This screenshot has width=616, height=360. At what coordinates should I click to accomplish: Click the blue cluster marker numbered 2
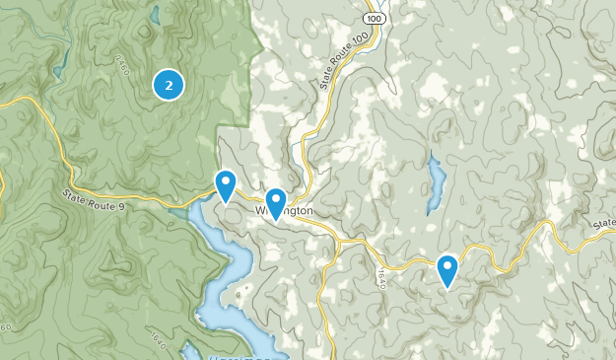[170, 86]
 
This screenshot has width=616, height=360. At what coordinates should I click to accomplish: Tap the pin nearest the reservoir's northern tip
[226, 183]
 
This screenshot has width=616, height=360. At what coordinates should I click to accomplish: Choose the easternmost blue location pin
[447, 268]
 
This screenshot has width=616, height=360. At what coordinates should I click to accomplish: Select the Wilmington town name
[286, 211]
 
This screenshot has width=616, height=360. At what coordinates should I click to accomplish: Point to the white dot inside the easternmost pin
[447, 264]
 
